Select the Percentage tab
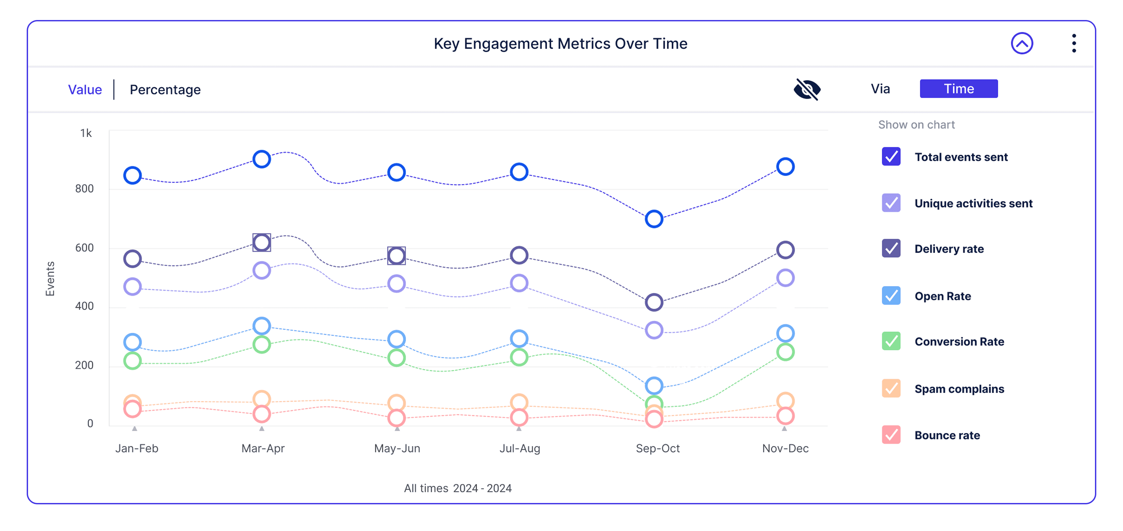point(165,90)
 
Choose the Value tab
point(85,90)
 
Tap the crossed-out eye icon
point(807,89)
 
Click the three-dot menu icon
point(1074,44)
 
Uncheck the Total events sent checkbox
point(891,156)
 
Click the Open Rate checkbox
point(891,296)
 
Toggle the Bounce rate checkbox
point(891,435)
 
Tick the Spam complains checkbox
point(891,389)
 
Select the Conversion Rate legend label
point(959,342)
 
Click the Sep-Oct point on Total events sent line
point(654,219)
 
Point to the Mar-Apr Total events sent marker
point(262,159)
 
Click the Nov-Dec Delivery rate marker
point(785,250)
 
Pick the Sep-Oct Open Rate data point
point(654,386)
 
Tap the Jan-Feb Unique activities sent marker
point(133,287)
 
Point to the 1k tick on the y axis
point(86,133)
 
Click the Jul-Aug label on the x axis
point(520,448)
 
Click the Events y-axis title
point(50,279)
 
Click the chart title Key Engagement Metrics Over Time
point(560,44)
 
